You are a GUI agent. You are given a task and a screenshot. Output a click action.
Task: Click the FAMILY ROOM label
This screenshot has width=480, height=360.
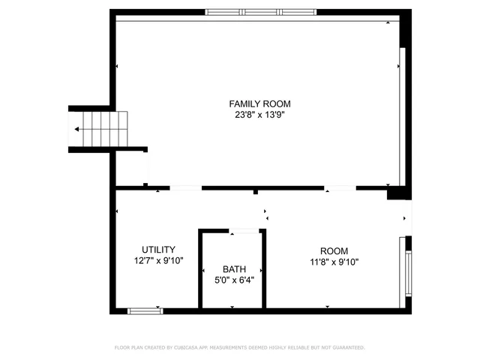tap(259, 104)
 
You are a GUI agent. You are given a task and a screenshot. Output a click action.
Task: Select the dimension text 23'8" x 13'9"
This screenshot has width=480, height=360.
tap(259, 115)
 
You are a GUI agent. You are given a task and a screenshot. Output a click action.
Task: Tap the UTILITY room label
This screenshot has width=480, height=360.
tap(159, 250)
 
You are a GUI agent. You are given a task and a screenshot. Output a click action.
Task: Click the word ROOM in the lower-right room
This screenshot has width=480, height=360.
tap(334, 251)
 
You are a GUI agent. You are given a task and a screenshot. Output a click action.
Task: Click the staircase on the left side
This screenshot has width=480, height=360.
tap(102, 129)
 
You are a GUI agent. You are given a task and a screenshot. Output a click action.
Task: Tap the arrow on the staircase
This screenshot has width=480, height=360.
tap(78, 129)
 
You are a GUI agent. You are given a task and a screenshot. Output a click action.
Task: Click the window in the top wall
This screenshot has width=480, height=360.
tap(261, 12)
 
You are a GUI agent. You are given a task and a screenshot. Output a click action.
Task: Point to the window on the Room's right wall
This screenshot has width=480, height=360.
tap(409, 273)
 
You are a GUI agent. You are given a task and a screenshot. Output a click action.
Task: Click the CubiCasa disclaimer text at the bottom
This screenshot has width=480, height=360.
tap(239, 348)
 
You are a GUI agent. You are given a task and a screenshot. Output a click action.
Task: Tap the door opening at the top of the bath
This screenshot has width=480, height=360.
tap(244, 231)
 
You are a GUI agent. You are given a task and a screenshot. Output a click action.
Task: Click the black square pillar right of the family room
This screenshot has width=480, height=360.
tap(393, 194)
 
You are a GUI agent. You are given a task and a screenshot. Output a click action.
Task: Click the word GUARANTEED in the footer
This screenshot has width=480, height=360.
tap(348, 348)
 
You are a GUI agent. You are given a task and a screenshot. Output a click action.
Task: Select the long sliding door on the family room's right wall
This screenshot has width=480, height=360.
tap(403, 116)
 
